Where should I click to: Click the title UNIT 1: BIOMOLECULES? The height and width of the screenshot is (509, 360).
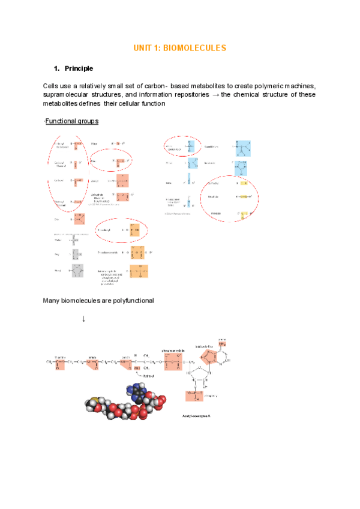179,47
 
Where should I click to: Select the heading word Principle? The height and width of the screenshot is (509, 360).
78,68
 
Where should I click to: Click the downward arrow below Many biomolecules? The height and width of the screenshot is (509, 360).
83,318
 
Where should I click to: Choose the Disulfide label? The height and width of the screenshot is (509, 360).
212,196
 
